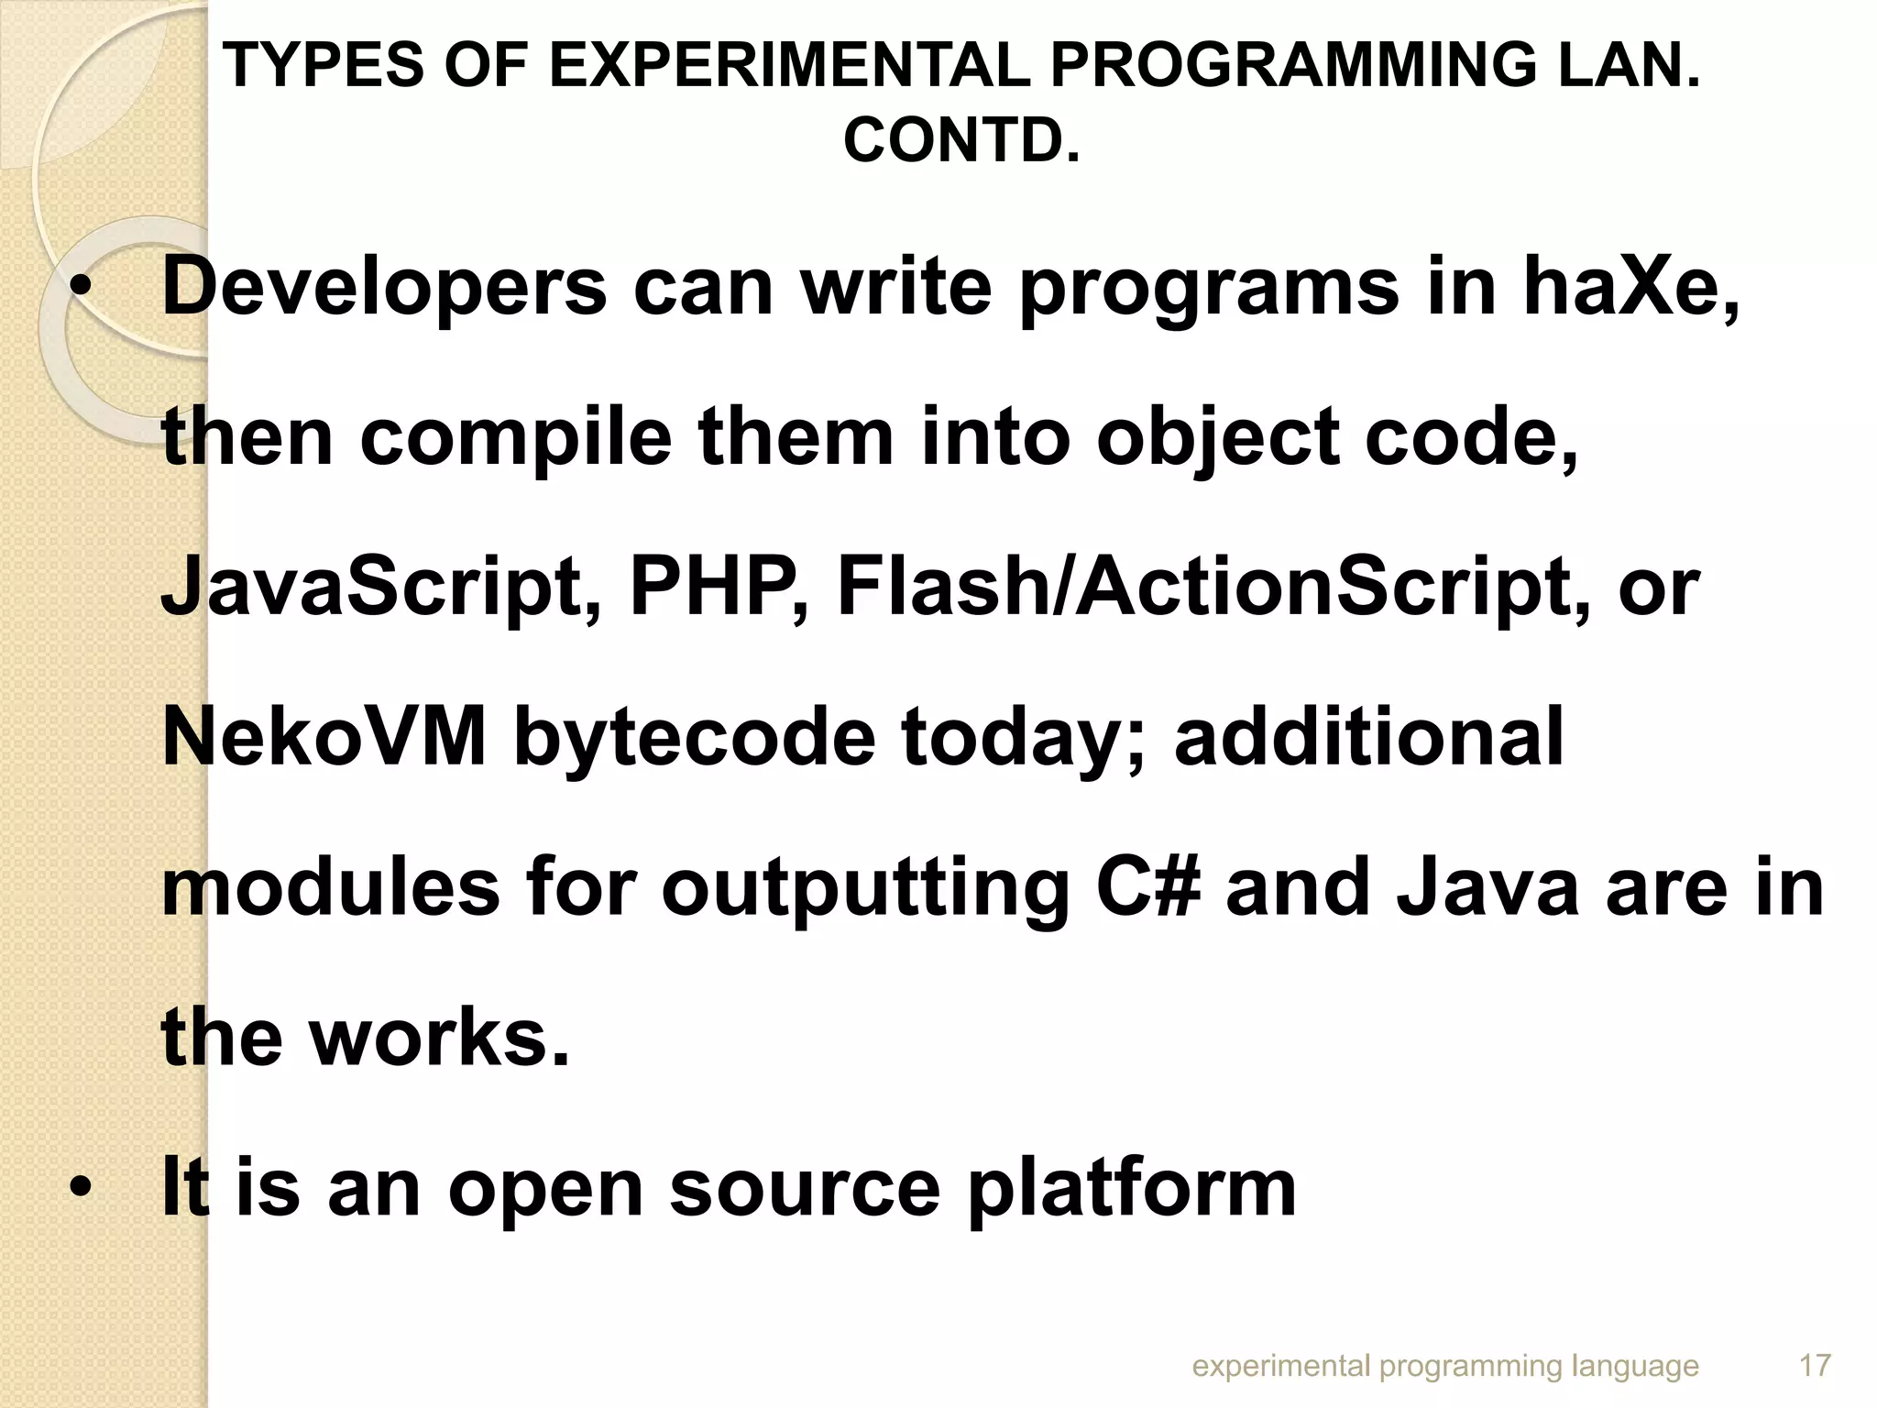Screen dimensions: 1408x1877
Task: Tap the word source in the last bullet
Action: point(805,1188)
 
